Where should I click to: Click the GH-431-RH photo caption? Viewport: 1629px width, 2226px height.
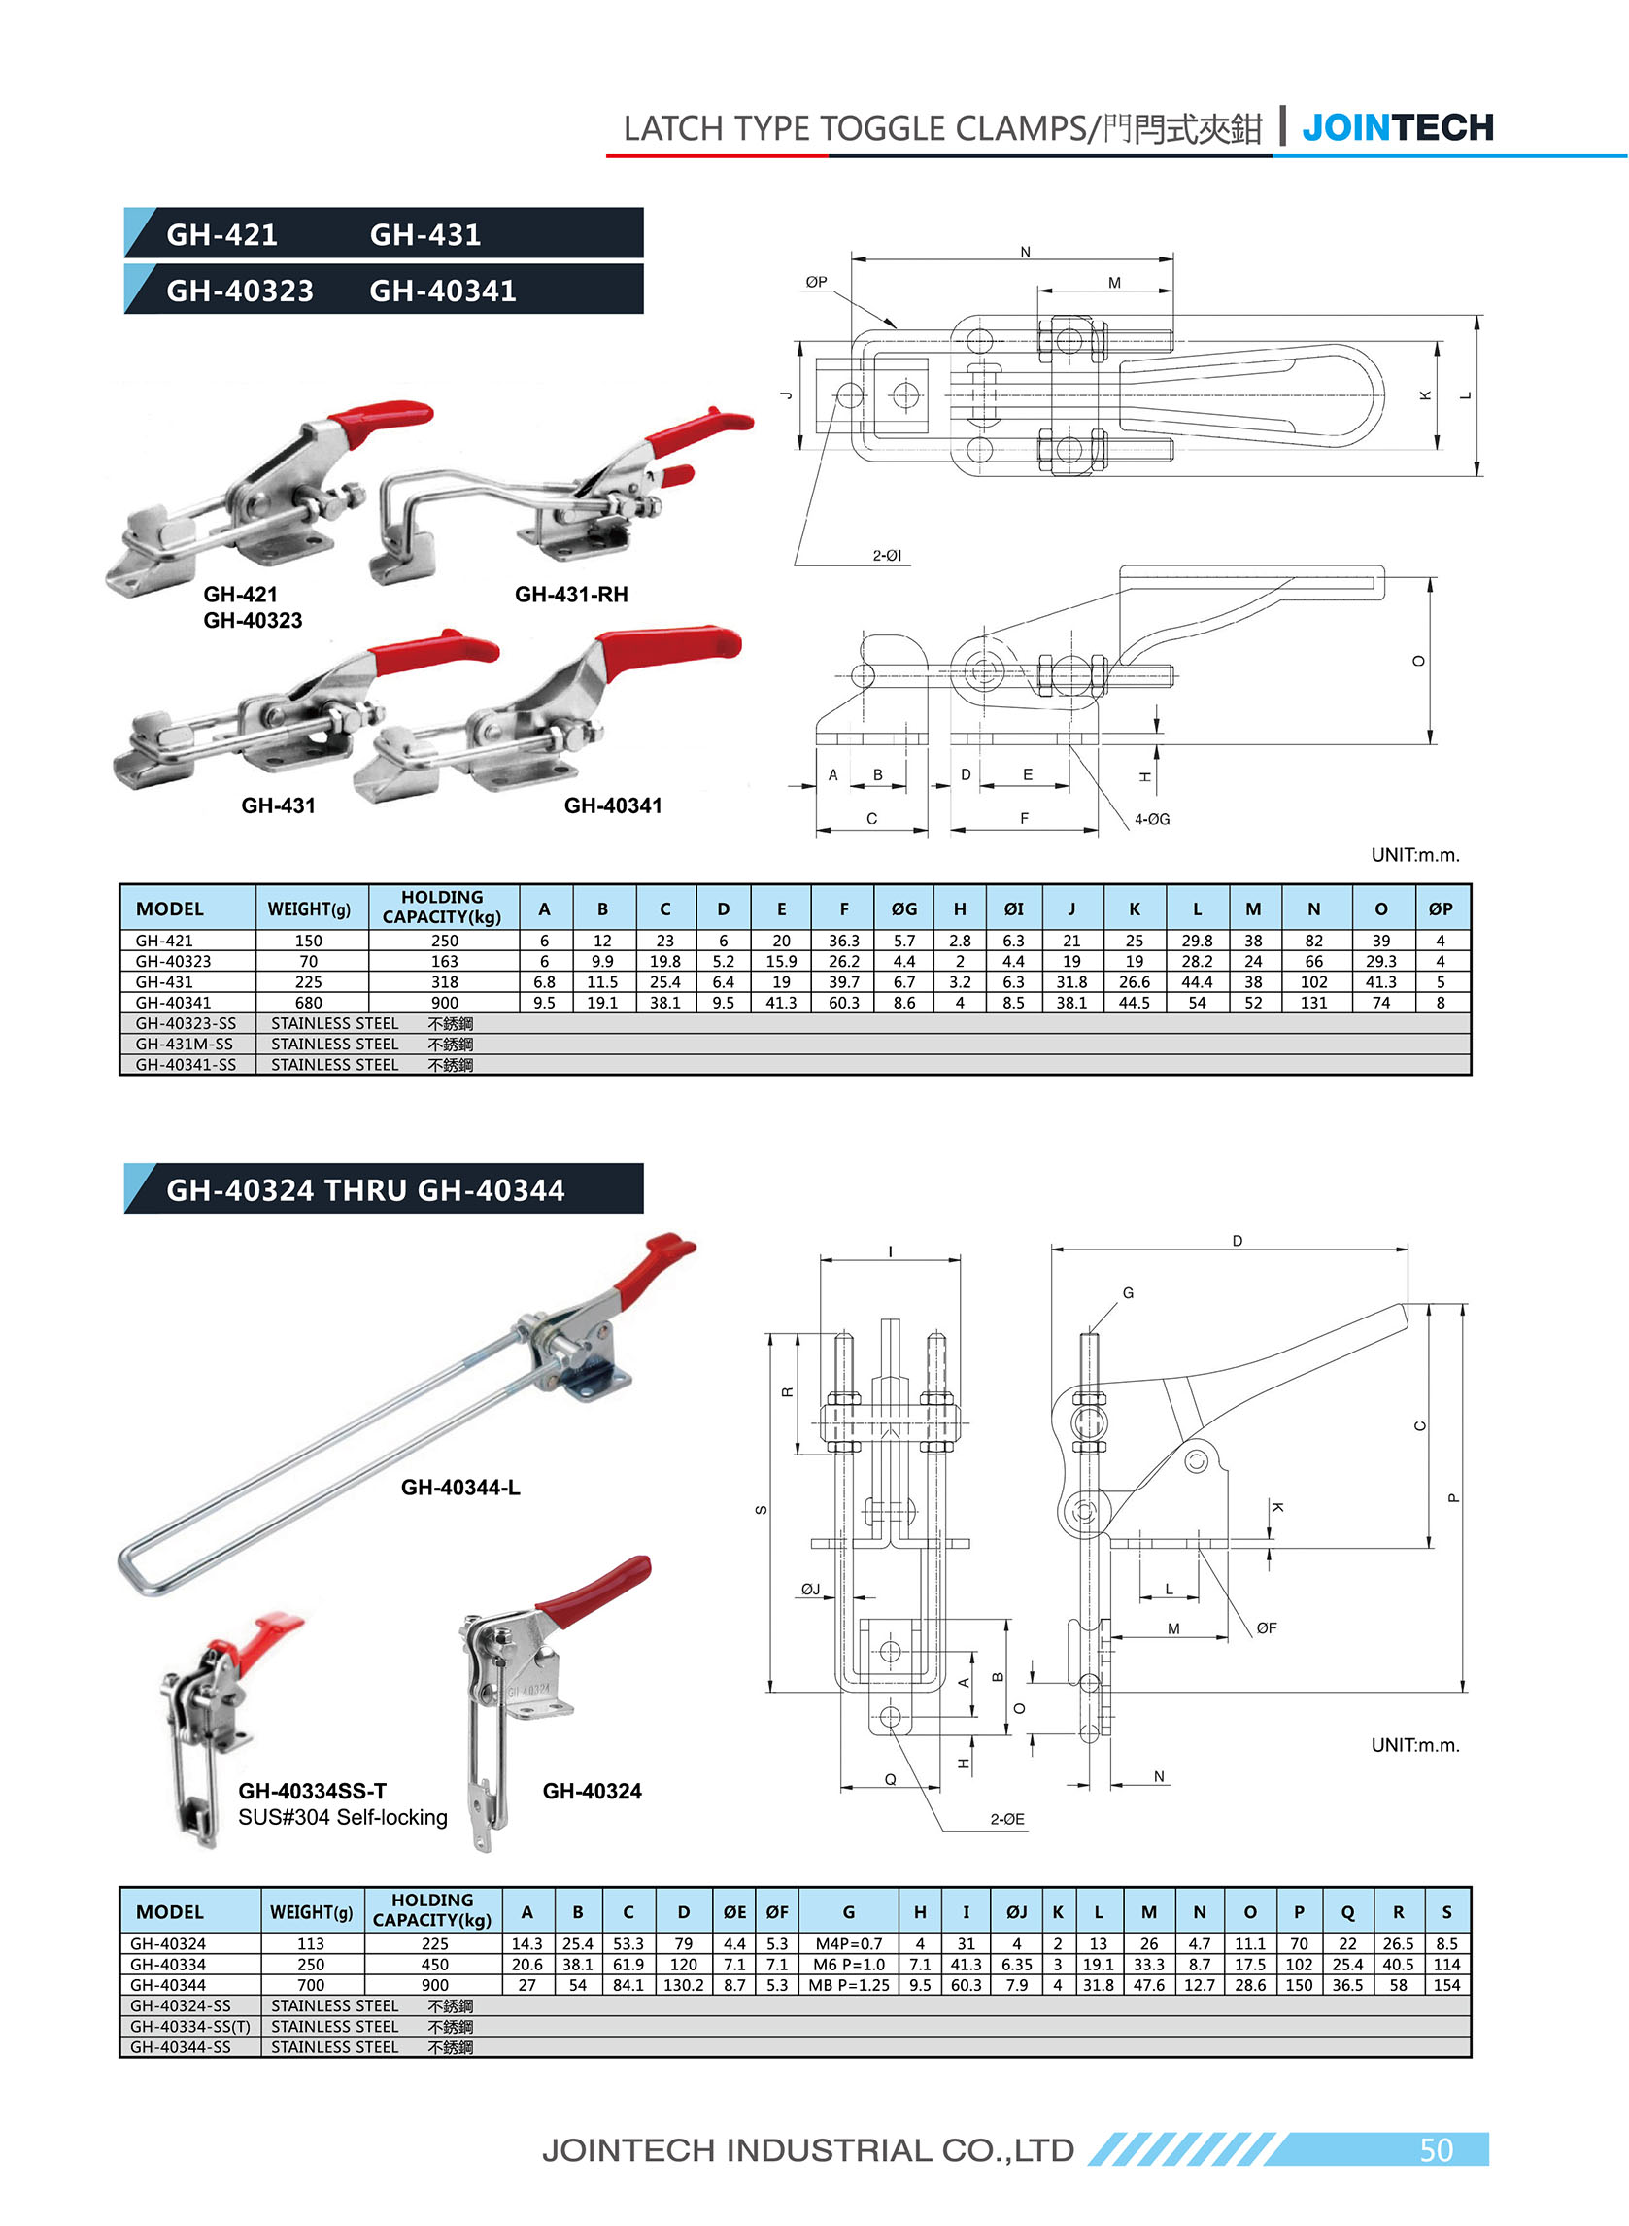pos(571,594)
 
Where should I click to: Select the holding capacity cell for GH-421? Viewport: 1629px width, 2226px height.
pos(444,941)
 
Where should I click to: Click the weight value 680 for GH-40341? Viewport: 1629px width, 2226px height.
pos(309,1002)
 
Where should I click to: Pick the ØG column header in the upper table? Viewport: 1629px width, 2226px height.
pos(903,908)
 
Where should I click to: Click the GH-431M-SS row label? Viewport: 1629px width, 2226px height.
pos(186,1044)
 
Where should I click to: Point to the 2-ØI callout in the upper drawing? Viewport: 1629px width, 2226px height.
pos(887,555)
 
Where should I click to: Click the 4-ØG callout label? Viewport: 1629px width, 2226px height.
pos(1151,819)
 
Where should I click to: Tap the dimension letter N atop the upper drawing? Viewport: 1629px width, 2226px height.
pos(1025,252)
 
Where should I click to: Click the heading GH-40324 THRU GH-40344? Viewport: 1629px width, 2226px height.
pos(365,1189)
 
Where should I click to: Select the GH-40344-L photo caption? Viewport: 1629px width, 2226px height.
pos(459,1488)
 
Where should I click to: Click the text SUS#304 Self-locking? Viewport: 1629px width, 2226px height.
pos(342,1817)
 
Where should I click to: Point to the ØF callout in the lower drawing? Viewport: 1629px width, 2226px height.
pos(1266,1628)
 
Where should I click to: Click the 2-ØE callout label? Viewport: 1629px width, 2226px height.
pos(1006,1819)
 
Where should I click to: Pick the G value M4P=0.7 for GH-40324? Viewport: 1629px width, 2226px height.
pos(848,1944)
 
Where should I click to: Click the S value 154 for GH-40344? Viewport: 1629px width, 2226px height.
pos(1445,1985)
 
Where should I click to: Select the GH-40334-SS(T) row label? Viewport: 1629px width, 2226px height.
pos(190,2027)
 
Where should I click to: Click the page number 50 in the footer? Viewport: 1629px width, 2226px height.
pos(1435,2150)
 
